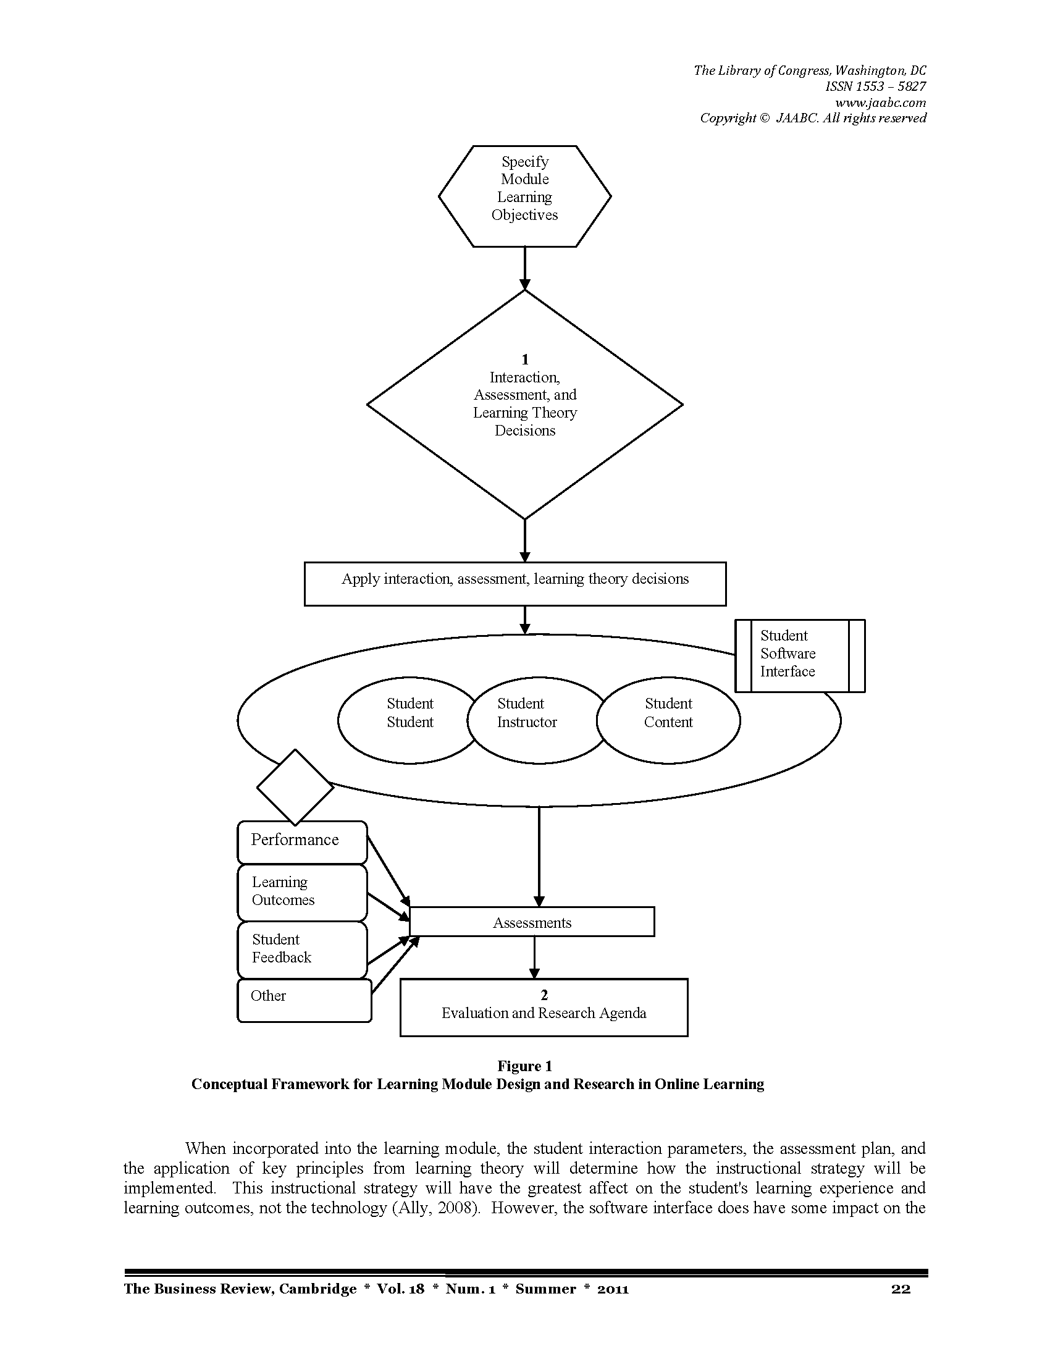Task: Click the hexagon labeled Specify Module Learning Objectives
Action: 524,196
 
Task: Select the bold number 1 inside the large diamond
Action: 525,359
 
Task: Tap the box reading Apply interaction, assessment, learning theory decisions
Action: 515,584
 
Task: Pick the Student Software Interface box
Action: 800,656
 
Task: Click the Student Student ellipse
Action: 409,720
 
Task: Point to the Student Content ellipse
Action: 668,720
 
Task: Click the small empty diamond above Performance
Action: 295,787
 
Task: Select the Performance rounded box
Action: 302,843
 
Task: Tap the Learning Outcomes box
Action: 302,893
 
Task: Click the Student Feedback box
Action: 302,950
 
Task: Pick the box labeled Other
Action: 304,1001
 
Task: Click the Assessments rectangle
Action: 532,922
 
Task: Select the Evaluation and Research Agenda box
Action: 544,1008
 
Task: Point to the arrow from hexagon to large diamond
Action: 525,269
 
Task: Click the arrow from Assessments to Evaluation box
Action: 534,957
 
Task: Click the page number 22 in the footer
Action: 901,1289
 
